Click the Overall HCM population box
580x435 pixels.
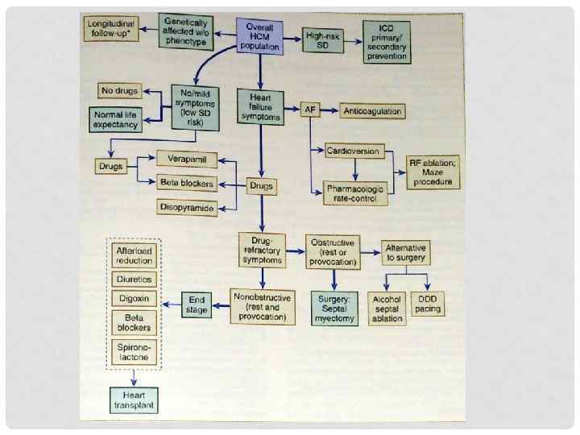click(x=259, y=36)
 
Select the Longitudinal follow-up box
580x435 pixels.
click(x=112, y=30)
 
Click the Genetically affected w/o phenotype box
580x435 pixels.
click(x=188, y=31)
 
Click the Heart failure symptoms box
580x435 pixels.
click(x=260, y=106)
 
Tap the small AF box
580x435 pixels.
click(x=310, y=110)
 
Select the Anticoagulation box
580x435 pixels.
click(x=372, y=110)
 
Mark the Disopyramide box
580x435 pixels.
click(x=187, y=208)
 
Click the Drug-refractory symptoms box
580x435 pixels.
click(x=262, y=250)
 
